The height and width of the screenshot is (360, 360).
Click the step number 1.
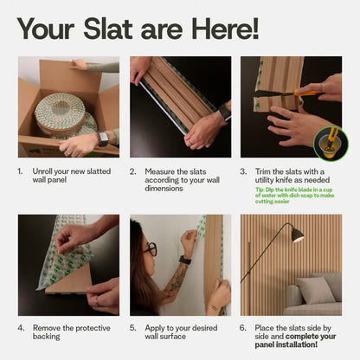coord(21,171)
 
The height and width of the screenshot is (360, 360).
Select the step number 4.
coord(21,329)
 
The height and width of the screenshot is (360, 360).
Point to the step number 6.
coord(243,329)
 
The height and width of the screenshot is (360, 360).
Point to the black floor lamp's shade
coord(297,235)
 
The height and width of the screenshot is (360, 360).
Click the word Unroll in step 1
coord(43,171)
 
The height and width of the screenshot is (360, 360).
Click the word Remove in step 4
coord(47,329)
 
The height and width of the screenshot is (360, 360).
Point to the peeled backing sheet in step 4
coord(61,260)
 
